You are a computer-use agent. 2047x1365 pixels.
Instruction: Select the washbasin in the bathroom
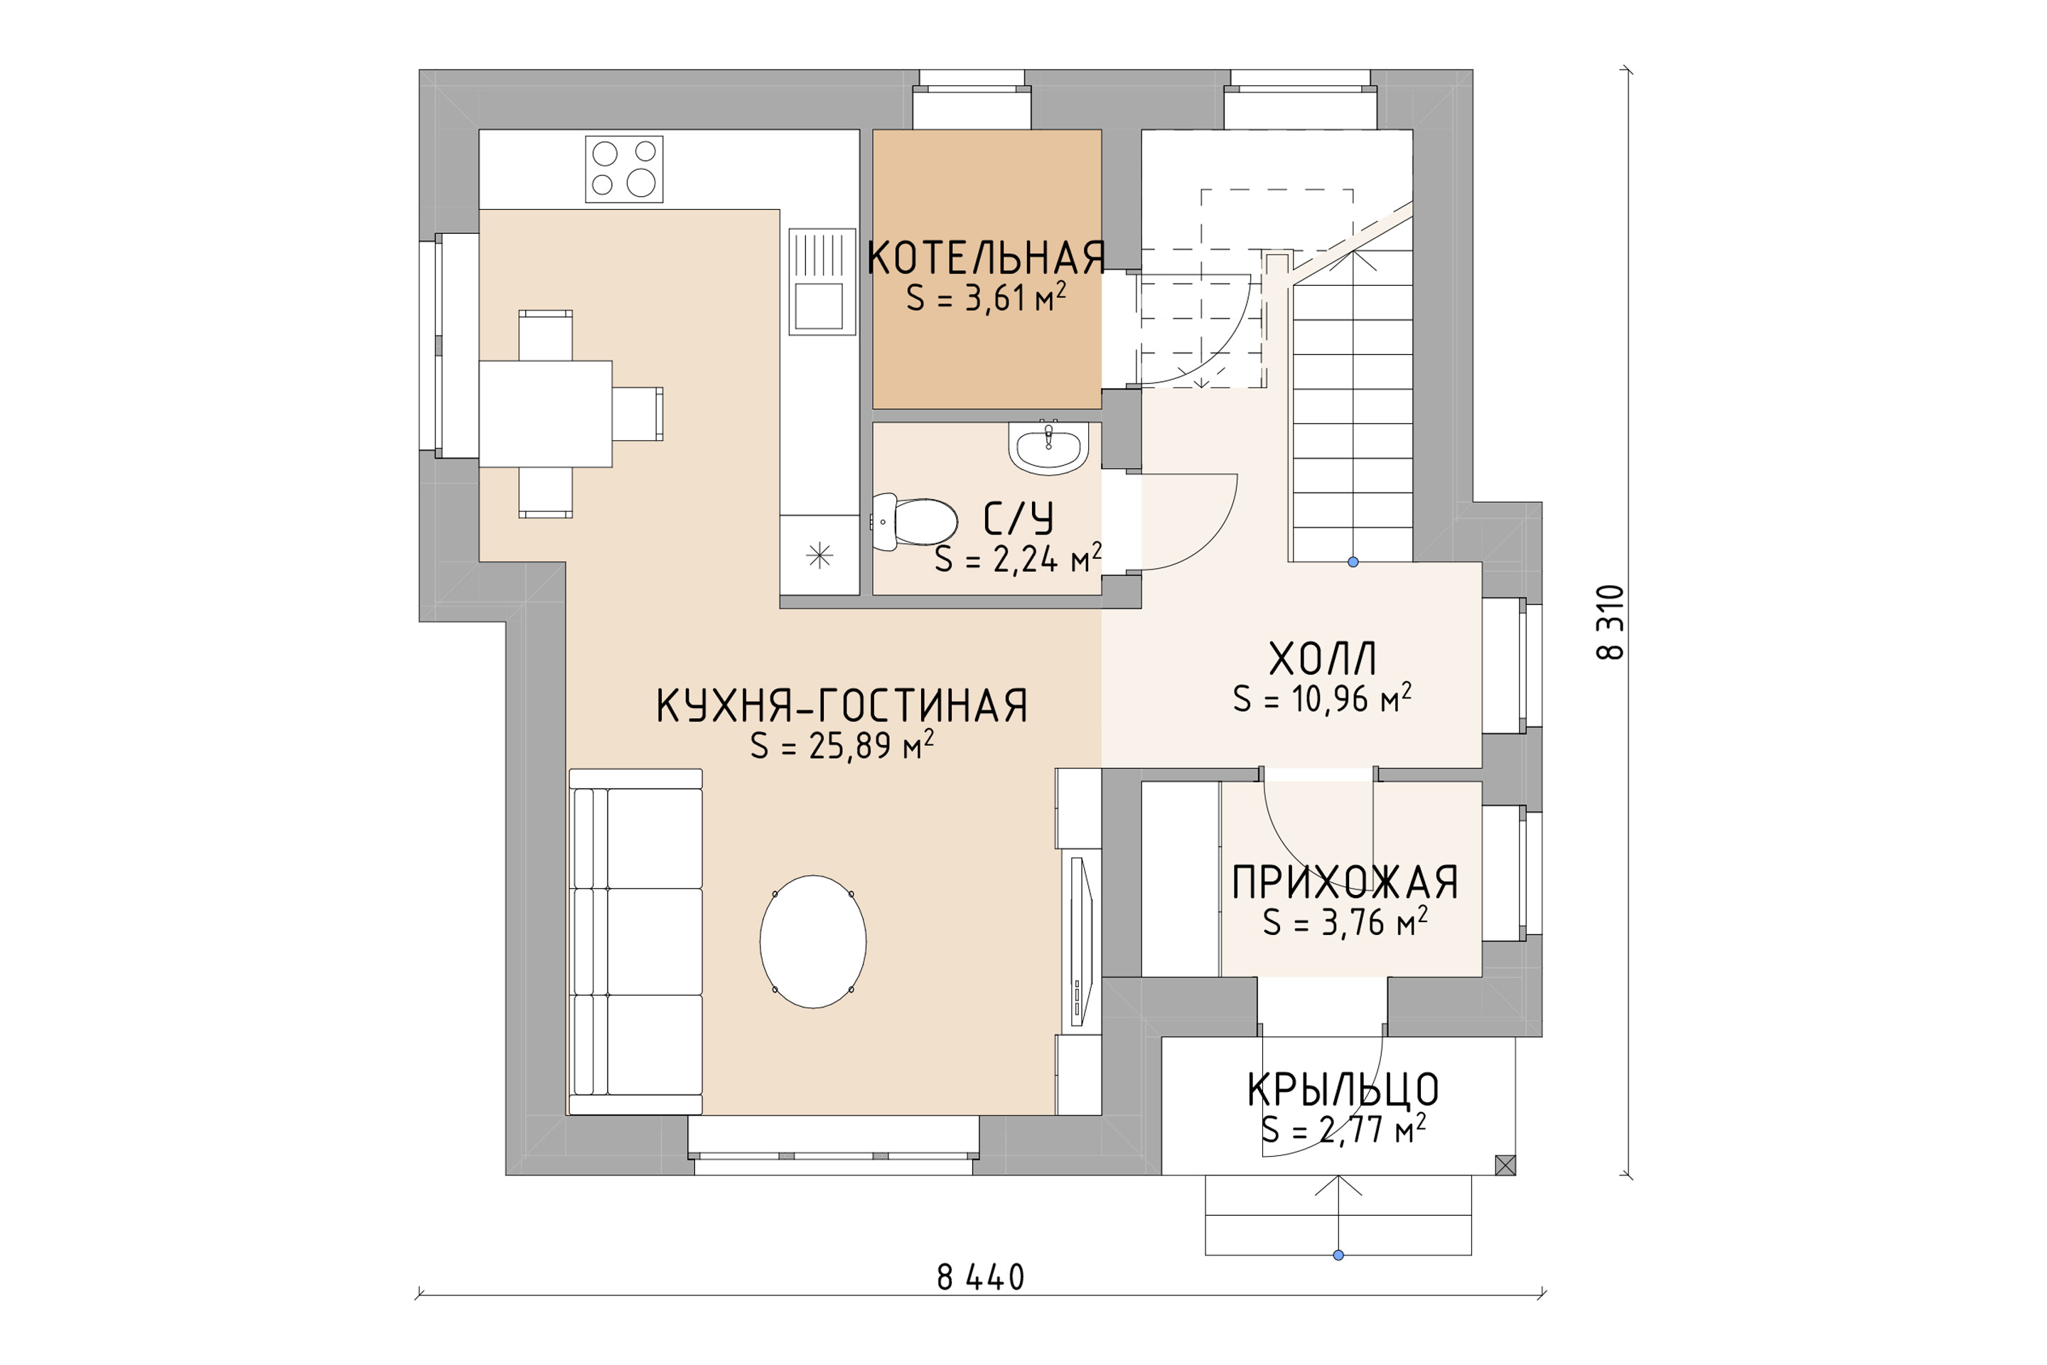pyautogui.click(x=1049, y=447)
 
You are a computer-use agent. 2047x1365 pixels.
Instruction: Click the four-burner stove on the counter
pyautogui.click(x=624, y=169)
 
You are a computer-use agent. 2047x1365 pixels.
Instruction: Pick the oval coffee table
pyautogui.click(x=813, y=941)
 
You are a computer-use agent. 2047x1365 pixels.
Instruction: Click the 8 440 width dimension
pyautogui.click(x=981, y=1277)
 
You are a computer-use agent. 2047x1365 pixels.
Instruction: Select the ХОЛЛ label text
pyautogui.click(x=1322, y=659)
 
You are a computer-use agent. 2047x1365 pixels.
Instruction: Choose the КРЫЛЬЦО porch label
pyautogui.click(x=1343, y=1090)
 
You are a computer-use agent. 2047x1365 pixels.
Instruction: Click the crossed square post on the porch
pyautogui.click(x=1505, y=1165)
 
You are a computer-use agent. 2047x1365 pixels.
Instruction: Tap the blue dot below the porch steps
pyautogui.click(x=1338, y=1254)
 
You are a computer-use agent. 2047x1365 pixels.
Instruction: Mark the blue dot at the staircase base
pyautogui.click(x=1353, y=562)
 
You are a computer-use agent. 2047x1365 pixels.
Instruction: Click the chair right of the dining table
pyautogui.click(x=637, y=414)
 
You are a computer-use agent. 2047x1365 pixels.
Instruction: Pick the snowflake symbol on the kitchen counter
pyautogui.click(x=819, y=555)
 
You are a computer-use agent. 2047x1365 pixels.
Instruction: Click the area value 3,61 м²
pyautogui.click(x=986, y=299)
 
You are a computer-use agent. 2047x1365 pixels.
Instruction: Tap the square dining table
pyautogui.click(x=546, y=414)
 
